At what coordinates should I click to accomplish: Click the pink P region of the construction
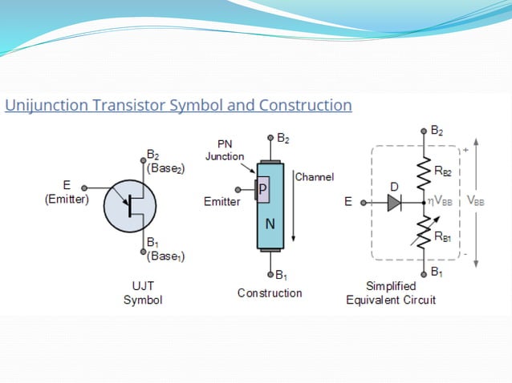(x=263, y=188)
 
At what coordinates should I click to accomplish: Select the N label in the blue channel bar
(x=270, y=224)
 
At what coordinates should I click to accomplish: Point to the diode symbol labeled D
(x=393, y=204)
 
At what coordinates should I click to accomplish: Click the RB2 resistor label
(x=442, y=171)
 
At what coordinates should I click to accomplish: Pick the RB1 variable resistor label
(x=442, y=236)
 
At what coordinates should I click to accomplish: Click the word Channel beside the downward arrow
(x=315, y=176)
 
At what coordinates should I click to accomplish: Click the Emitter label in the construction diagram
(x=221, y=202)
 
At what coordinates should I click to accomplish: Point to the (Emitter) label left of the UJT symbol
(x=67, y=200)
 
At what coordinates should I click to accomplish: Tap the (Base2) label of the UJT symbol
(x=165, y=170)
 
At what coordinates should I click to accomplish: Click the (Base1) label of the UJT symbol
(x=165, y=256)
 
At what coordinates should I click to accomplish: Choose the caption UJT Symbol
(x=143, y=292)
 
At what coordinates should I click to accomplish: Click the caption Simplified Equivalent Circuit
(x=391, y=293)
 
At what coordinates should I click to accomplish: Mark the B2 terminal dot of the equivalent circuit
(x=424, y=130)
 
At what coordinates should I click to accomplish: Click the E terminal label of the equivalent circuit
(x=348, y=203)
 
